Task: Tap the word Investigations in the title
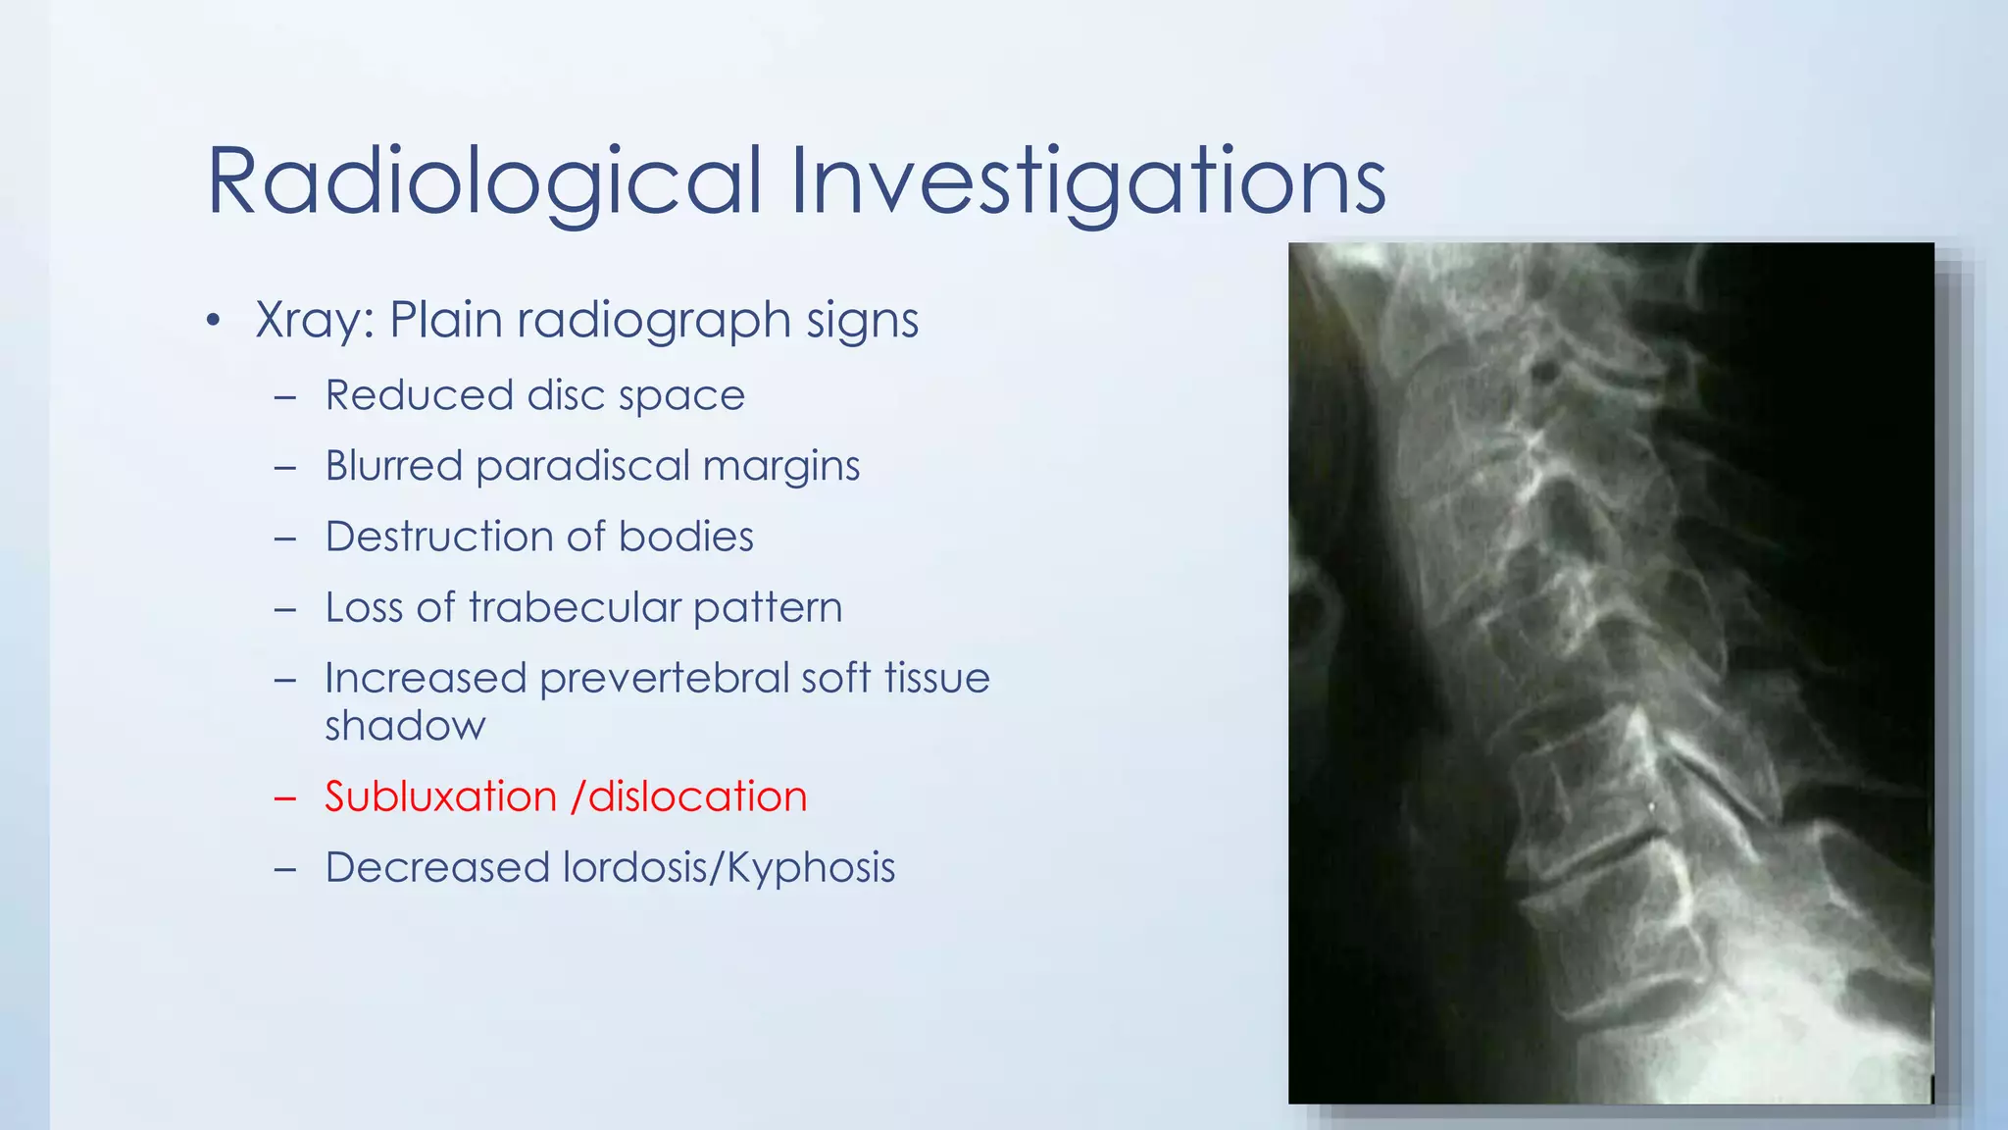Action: pyautogui.click(x=1087, y=182)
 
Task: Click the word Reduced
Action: pyautogui.click(x=419, y=395)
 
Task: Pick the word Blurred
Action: pyautogui.click(x=393, y=466)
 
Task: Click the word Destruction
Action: pyautogui.click(x=438, y=537)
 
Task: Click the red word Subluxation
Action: pyautogui.click(x=440, y=796)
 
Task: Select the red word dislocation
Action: pyautogui.click(x=697, y=796)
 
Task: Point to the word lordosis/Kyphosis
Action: pyautogui.click(x=728, y=868)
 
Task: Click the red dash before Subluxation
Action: pyautogui.click(x=285, y=798)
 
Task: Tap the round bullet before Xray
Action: pyautogui.click(x=214, y=322)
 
